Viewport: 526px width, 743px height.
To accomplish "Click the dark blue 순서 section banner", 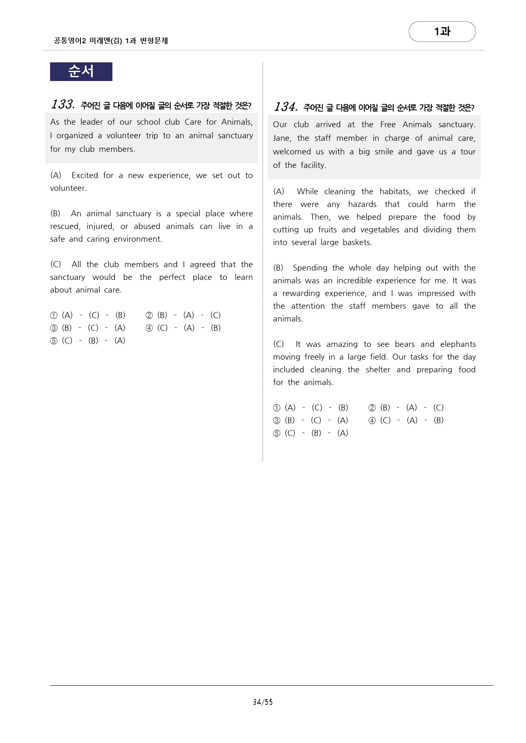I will coord(81,71).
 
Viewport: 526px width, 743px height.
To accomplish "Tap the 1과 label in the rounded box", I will coord(442,31).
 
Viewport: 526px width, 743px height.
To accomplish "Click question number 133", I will coord(63,104).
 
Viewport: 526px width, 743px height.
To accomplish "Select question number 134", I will coord(285,106).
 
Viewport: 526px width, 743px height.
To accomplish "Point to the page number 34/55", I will coord(263,702).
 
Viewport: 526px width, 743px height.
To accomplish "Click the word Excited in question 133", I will coord(85,175).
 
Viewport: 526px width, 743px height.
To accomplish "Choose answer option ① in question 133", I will coord(54,315).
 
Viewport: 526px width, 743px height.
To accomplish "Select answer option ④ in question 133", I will coord(149,328).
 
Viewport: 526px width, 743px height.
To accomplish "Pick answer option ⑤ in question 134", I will coord(277,433).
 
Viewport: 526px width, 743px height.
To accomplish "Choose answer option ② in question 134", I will coord(372,408).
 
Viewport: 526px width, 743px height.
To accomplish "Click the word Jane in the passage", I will coord(282,138).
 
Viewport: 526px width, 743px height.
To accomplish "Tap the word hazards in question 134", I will coord(362,204).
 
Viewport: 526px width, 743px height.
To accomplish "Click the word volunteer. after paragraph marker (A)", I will coord(68,188).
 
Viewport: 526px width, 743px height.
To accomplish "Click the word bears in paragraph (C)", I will coord(404,344).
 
